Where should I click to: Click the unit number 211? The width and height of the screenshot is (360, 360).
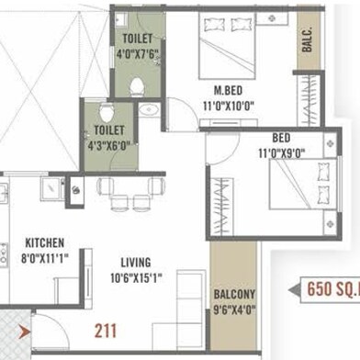[x=106, y=331]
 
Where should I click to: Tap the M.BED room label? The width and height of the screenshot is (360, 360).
[x=228, y=91]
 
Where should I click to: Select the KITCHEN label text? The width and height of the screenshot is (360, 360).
[x=45, y=243]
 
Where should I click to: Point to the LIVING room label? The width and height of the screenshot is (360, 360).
[x=136, y=263]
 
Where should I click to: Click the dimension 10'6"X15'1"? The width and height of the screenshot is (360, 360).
[x=136, y=278]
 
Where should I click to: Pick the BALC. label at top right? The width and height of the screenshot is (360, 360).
[x=308, y=39]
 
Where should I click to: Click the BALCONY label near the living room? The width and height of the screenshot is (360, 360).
[x=234, y=295]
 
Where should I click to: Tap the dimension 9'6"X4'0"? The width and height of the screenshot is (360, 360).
[x=234, y=309]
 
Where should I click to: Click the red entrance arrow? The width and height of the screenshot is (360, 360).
[x=24, y=332]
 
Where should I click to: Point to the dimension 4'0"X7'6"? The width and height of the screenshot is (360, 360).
[x=138, y=54]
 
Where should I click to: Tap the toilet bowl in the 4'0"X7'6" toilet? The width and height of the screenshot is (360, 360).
[x=137, y=87]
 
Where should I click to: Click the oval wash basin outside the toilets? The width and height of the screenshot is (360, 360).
[x=149, y=109]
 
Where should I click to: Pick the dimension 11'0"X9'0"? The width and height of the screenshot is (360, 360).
[x=282, y=153]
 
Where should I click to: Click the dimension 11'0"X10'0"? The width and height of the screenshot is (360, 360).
[x=229, y=107]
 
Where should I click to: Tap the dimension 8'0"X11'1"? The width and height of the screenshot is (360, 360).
[x=45, y=259]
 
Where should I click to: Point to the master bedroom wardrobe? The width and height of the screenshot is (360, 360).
[x=309, y=100]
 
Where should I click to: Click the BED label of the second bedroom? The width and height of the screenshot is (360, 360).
[x=281, y=138]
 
